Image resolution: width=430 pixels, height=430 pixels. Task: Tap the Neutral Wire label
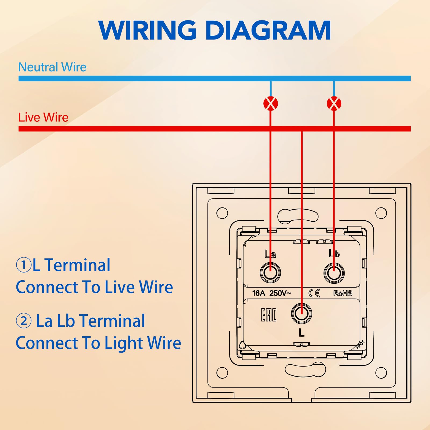pos(52,67)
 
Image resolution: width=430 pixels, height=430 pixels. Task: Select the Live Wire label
pos(43,117)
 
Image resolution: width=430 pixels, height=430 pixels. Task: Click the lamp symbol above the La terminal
pos(271,103)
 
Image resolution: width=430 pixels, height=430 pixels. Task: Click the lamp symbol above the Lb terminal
pos(334,103)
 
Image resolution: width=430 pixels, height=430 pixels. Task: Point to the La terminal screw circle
pos(270,273)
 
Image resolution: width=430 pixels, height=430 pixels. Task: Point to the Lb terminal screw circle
pos(334,273)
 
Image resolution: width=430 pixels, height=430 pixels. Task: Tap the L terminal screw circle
pos(302,313)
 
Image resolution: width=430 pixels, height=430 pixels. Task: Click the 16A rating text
pos(259,293)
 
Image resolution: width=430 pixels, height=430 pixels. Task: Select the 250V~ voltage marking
pos(280,293)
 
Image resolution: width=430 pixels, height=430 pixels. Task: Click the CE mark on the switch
pos(314,293)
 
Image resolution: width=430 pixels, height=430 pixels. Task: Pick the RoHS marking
pos(343,293)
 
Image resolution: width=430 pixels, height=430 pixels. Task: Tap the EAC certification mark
pos(268,315)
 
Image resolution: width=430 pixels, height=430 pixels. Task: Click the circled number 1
pos(24,265)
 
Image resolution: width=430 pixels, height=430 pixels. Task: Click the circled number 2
pos(24,321)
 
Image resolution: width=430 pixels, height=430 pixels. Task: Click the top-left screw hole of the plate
pos(222,213)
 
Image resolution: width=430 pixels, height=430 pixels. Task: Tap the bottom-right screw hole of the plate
pos(381,373)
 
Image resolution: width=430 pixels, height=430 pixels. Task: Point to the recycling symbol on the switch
pos(242,345)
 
